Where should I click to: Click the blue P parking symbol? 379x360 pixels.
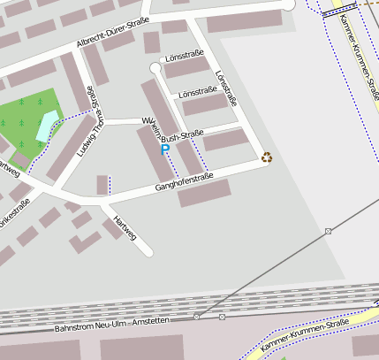(x=164, y=150)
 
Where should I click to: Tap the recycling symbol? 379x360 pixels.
(x=267, y=157)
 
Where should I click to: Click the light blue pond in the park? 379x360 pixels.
(x=45, y=126)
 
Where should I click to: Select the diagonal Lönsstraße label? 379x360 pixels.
(x=226, y=88)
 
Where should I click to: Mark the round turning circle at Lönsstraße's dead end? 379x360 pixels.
(x=156, y=68)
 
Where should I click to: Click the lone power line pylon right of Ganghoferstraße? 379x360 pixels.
(x=329, y=231)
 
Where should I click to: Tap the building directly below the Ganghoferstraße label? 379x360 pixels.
(x=204, y=193)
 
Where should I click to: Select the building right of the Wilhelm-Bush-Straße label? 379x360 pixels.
(x=225, y=139)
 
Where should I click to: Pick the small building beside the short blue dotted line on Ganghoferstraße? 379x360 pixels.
(x=102, y=185)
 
